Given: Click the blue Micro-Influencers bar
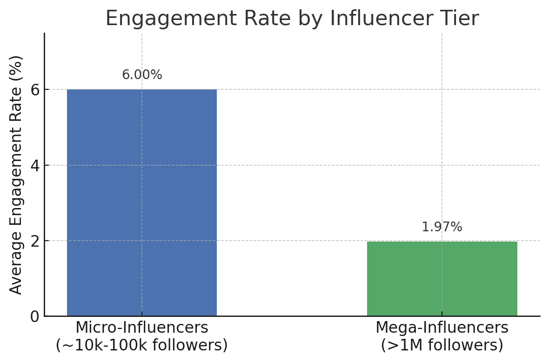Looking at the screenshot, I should tap(142, 202).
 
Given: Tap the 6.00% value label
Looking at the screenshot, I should tap(142, 75).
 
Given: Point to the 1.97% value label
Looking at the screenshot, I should tap(442, 227).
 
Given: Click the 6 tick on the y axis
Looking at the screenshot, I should tap(35, 90).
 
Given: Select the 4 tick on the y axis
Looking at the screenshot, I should tap(35, 166).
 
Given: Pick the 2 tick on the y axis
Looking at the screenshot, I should tap(35, 241).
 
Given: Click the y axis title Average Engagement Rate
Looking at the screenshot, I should tap(16, 175).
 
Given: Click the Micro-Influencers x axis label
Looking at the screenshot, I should tap(142, 328).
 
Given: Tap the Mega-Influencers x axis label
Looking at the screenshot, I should tap(442, 328).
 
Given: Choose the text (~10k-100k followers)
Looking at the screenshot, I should tap(142, 345).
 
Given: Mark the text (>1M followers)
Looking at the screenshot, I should tap(442, 345).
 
